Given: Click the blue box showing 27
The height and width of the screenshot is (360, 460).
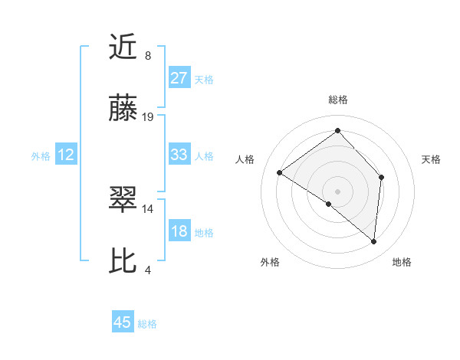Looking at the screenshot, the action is click(x=179, y=77).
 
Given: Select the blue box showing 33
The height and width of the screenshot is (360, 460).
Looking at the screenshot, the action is click(x=179, y=155).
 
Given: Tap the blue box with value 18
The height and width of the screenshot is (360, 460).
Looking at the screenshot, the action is click(x=179, y=231).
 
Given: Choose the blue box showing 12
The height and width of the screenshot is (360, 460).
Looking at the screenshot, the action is click(x=66, y=155).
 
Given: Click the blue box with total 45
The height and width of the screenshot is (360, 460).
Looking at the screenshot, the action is click(x=123, y=322).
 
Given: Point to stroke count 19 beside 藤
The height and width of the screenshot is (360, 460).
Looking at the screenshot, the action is click(x=148, y=117).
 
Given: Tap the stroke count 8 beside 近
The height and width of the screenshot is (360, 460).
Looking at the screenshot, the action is click(x=148, y=56).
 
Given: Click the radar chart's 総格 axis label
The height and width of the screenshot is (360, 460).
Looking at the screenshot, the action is click(x=337, y=100).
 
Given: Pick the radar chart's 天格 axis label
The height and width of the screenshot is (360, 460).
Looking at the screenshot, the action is click(x=431, y=159).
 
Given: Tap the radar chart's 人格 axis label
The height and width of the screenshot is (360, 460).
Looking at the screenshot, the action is click(x=245, y=159).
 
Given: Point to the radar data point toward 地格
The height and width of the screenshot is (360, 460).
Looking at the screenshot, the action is click(x=374, y=242).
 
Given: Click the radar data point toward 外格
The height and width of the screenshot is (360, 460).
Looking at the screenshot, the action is click(x=329, y=204).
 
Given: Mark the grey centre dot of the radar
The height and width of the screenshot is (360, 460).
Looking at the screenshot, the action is click(x=337, y=191).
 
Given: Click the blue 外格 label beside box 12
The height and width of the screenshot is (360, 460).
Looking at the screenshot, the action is click(x=41, y=155).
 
